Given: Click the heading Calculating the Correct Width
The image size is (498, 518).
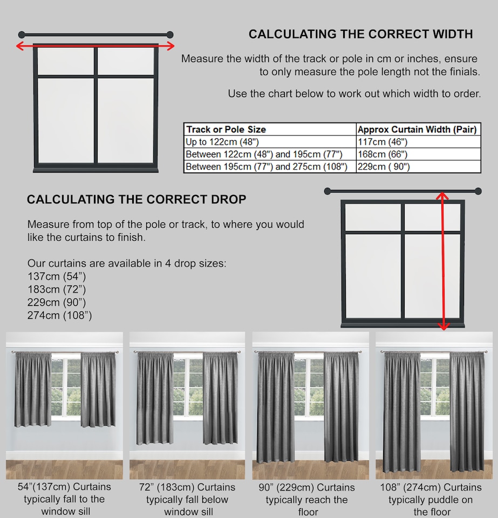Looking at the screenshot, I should click(360, 35).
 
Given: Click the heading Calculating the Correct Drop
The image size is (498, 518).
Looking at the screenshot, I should click(137, 200).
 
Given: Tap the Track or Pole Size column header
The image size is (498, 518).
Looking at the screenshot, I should click(226, 129).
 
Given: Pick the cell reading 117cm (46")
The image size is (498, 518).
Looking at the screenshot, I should click(383, 142).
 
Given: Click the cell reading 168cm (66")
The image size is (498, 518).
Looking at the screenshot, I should click(383, 154).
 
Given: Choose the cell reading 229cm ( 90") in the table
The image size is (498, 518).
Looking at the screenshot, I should click(384, 167).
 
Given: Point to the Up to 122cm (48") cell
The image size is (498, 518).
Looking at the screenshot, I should click(222, 142).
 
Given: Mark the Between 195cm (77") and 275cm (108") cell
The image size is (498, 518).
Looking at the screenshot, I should click(267, 167).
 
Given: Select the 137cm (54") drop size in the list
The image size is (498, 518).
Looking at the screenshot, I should click(57, 277).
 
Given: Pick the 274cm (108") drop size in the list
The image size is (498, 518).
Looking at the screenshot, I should click(59, 316).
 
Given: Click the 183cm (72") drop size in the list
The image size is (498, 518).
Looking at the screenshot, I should click(57, 290).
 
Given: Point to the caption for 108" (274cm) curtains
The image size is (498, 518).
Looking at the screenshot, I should click(431, 499).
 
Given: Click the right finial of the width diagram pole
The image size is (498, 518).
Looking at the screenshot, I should click(170, 35).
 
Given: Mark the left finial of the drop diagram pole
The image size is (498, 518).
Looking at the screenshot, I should click(328, 191).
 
